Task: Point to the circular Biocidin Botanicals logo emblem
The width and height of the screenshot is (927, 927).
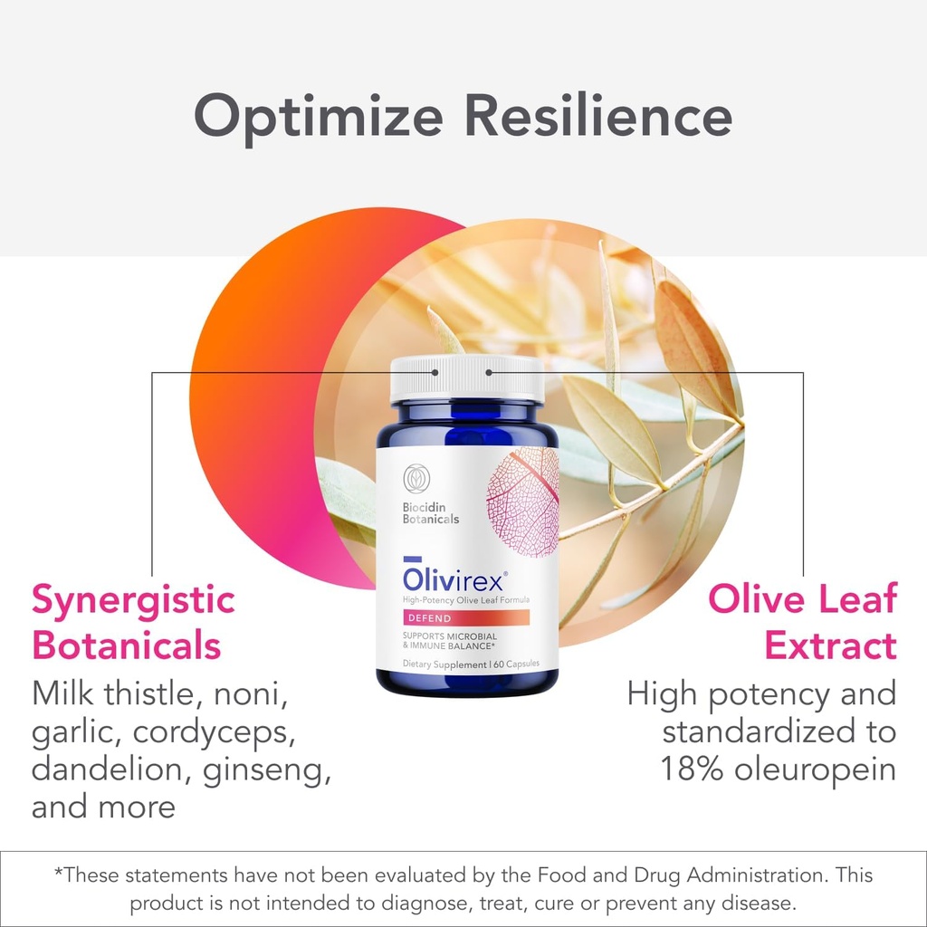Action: (416, 478)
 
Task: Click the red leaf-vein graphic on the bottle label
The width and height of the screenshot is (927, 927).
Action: (523, 502)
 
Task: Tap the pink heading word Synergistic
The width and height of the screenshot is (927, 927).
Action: (133, 600)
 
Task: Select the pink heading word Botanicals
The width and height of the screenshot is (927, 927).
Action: (126, 646)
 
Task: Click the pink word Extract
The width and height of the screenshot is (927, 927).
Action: (830, 646)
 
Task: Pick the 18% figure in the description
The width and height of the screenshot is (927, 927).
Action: (693, 769)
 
